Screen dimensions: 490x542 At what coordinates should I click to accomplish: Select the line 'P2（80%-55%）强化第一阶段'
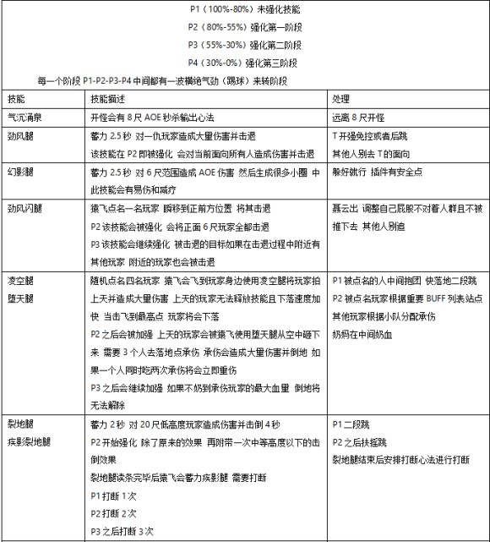pos(245,26)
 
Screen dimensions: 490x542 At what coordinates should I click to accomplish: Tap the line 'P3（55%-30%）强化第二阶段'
pos(245,44)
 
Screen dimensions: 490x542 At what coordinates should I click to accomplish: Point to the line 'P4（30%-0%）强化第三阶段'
pos(245,62)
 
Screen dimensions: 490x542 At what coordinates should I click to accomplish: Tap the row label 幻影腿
pos(19,172)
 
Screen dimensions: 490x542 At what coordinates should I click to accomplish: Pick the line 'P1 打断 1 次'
pos(113,495)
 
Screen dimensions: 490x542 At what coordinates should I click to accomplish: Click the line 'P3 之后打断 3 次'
pos(122,530)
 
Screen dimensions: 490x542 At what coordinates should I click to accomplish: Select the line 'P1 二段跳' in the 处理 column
pos(354,423)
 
